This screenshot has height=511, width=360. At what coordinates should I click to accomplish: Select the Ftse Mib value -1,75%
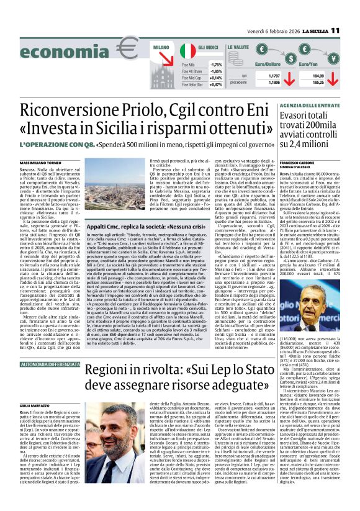216,65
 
